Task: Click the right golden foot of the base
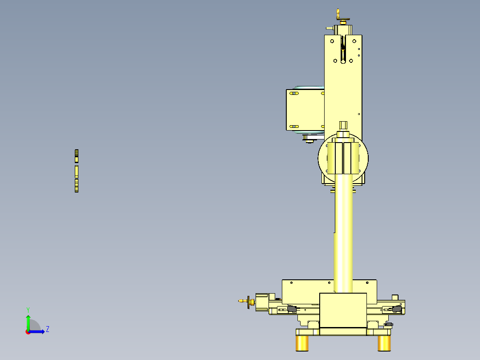point(384,343)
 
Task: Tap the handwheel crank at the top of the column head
point(342,18)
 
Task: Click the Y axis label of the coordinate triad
point(28,309)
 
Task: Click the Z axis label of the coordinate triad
point(48,329)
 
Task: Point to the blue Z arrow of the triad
point(38,331)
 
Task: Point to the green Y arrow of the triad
point(28,322)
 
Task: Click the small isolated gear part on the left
point(77,171)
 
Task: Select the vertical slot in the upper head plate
point(342,51)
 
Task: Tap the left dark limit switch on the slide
point(292,308)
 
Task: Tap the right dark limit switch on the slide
point(397,308)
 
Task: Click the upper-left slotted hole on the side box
point(294,94)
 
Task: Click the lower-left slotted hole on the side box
point(294,127)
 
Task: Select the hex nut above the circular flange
point(343,125)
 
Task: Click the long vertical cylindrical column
point(343,232)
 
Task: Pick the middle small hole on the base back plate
point(329,282)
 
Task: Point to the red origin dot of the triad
point(28,332)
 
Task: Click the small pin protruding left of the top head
point(329,28)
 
